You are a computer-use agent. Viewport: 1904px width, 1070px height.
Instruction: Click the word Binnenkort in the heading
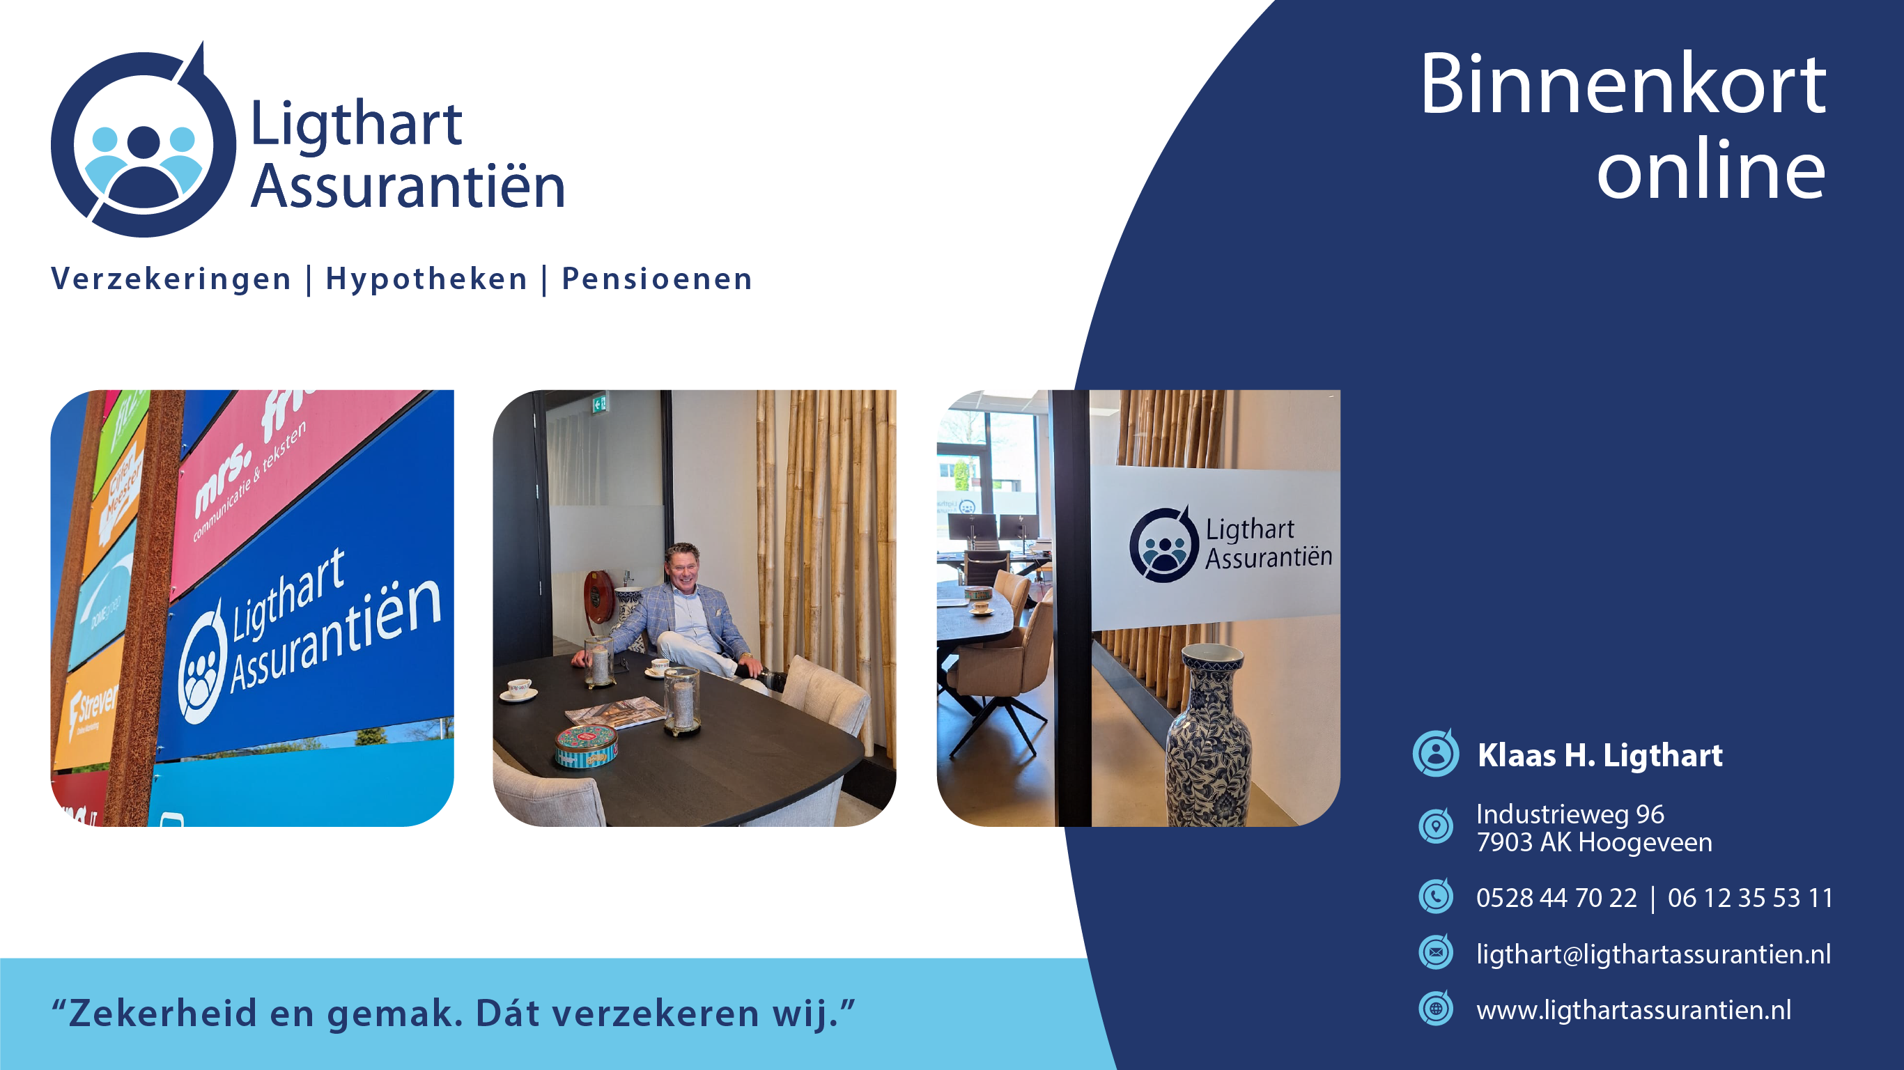[1623, 84]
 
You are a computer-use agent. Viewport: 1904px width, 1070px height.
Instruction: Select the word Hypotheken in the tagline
[426, 279]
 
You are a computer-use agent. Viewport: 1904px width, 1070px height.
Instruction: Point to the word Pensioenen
[657, 279]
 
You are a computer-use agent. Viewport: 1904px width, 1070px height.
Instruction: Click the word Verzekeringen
[171, 279]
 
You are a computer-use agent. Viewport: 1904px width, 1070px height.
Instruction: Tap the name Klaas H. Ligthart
[1600, 755]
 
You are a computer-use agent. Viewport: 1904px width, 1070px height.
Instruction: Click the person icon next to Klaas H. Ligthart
[1435, 754]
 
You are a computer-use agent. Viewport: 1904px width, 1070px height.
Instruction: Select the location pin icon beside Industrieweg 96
[1435, 826]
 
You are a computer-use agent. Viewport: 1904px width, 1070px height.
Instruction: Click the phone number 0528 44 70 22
[1556, 898]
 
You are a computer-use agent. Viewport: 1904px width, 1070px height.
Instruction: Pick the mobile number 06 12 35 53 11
[1749, 898]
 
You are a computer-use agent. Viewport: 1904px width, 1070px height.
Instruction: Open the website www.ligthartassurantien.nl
[1634, 1010]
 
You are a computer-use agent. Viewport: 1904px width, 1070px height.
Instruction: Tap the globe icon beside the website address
[1435, 1009]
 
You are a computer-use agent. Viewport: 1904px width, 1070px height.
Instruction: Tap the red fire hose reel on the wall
[598, 596]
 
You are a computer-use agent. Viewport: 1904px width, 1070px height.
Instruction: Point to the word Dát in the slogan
[508, 1013]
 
